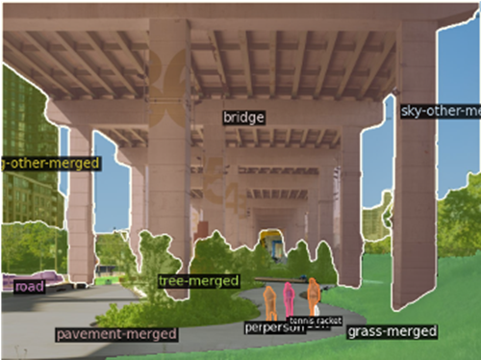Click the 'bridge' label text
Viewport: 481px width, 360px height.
(243, 117)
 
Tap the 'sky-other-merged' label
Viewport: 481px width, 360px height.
(439, 111)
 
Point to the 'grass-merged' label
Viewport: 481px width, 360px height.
(392, 332)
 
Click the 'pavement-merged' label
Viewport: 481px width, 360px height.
(115, 334)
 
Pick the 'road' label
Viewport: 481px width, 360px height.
(30, 287)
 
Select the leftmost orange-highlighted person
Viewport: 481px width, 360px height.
(270, 301)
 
